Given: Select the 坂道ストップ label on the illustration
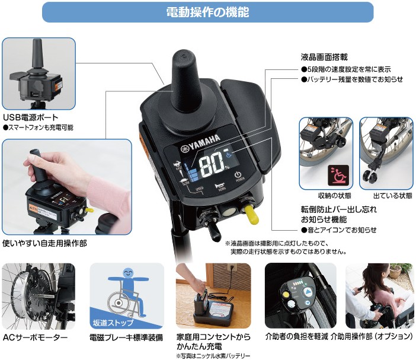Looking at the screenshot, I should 114,323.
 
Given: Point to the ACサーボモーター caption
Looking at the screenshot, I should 35,338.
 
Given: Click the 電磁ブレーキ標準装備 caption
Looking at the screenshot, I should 126,338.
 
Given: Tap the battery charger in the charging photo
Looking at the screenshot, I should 210,307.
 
